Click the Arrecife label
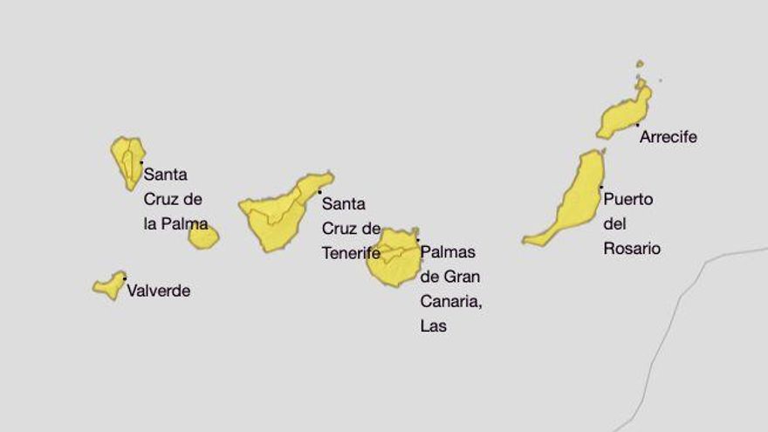click(668, 137)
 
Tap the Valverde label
click(158, 291)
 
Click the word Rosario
click(632, 249)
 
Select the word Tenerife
click(351, 253)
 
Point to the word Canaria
click(450, 302)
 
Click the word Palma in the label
click(186, 223)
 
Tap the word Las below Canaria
click(434, 326)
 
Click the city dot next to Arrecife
click(637, 125)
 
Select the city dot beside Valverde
click(125, 278)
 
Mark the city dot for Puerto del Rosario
click(600, 187)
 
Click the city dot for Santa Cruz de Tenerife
click(319, 192)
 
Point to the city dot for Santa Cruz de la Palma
click(141, 162)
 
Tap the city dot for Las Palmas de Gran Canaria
click(418, 240)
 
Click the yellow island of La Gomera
click(203, 237)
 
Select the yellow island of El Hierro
click(110, 285)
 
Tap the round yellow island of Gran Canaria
click(393, 258)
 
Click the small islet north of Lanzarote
click(640, 64)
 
